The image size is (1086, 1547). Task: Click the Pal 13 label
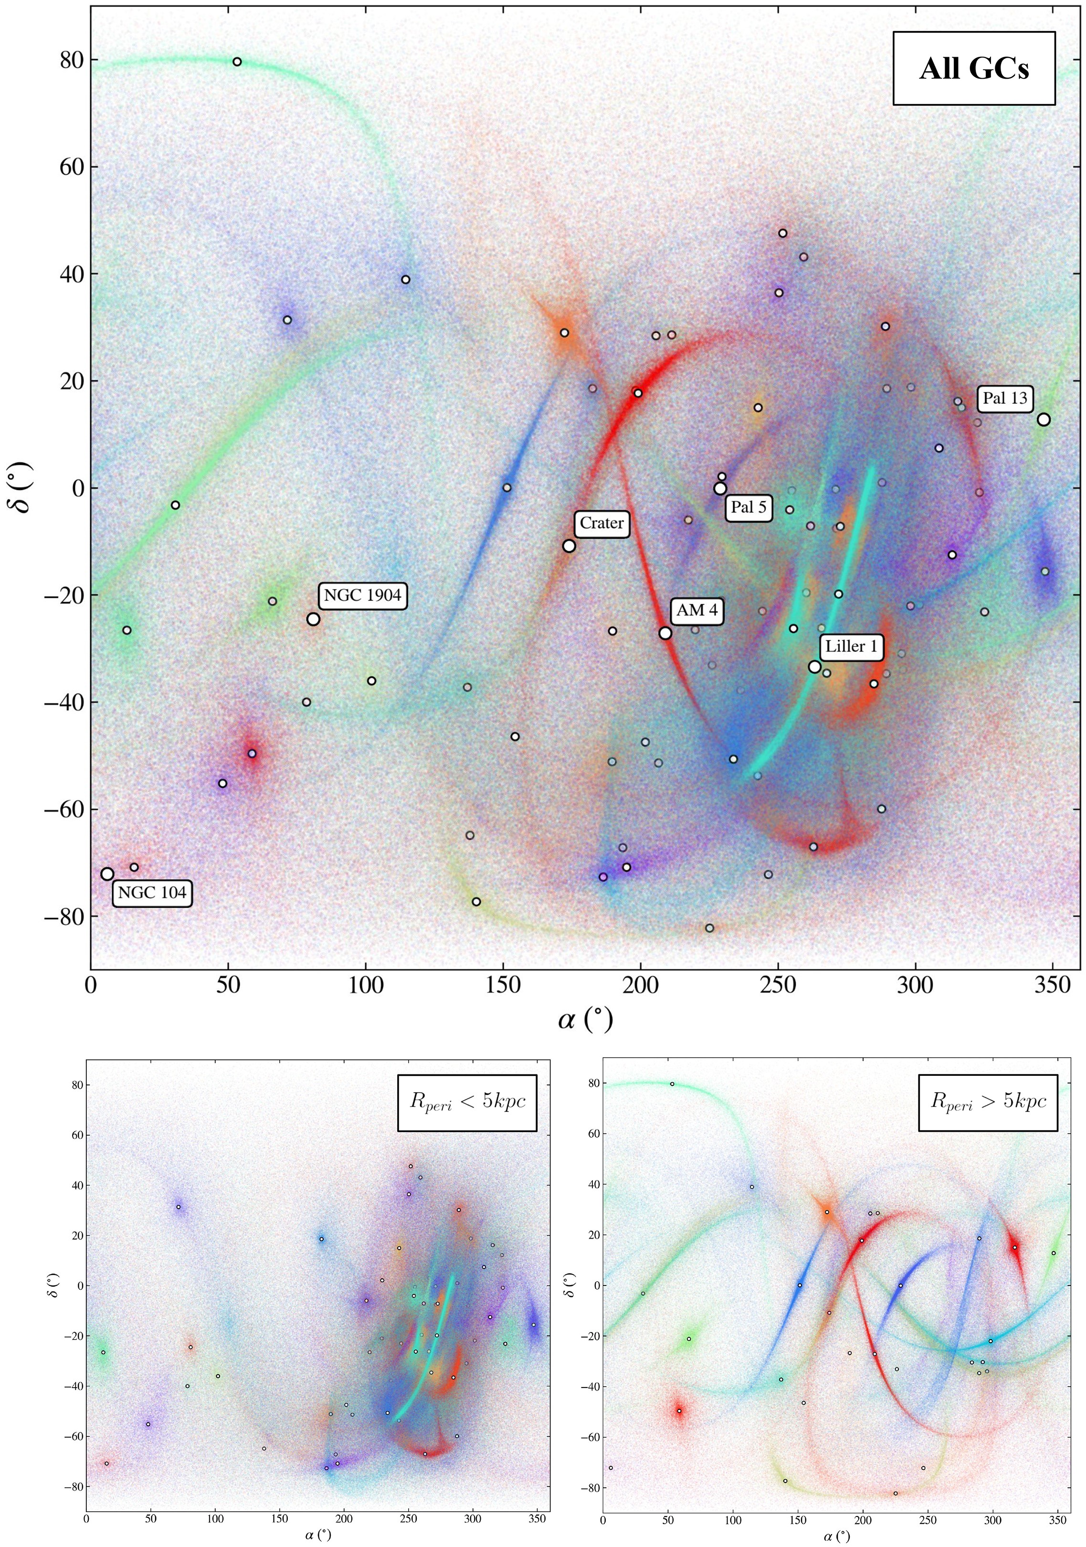[1004, 398]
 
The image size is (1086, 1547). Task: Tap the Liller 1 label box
[852, 647]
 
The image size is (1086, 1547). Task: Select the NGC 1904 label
[362, 595]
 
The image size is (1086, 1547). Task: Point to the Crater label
[601, 524]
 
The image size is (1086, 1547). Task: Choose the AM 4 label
[696, 610]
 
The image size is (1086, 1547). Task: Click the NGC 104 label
[152, 894]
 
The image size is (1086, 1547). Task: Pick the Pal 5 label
[749, 507]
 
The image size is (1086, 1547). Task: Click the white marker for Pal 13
[1044, 420]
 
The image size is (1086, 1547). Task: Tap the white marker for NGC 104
[107, 874]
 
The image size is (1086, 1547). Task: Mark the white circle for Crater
[569, 546]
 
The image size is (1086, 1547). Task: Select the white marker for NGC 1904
[313, 619]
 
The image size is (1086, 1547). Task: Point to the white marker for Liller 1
[814, 667]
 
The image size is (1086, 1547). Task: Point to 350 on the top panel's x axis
[1052, 986]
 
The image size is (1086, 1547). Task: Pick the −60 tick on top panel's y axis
[64, 809]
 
